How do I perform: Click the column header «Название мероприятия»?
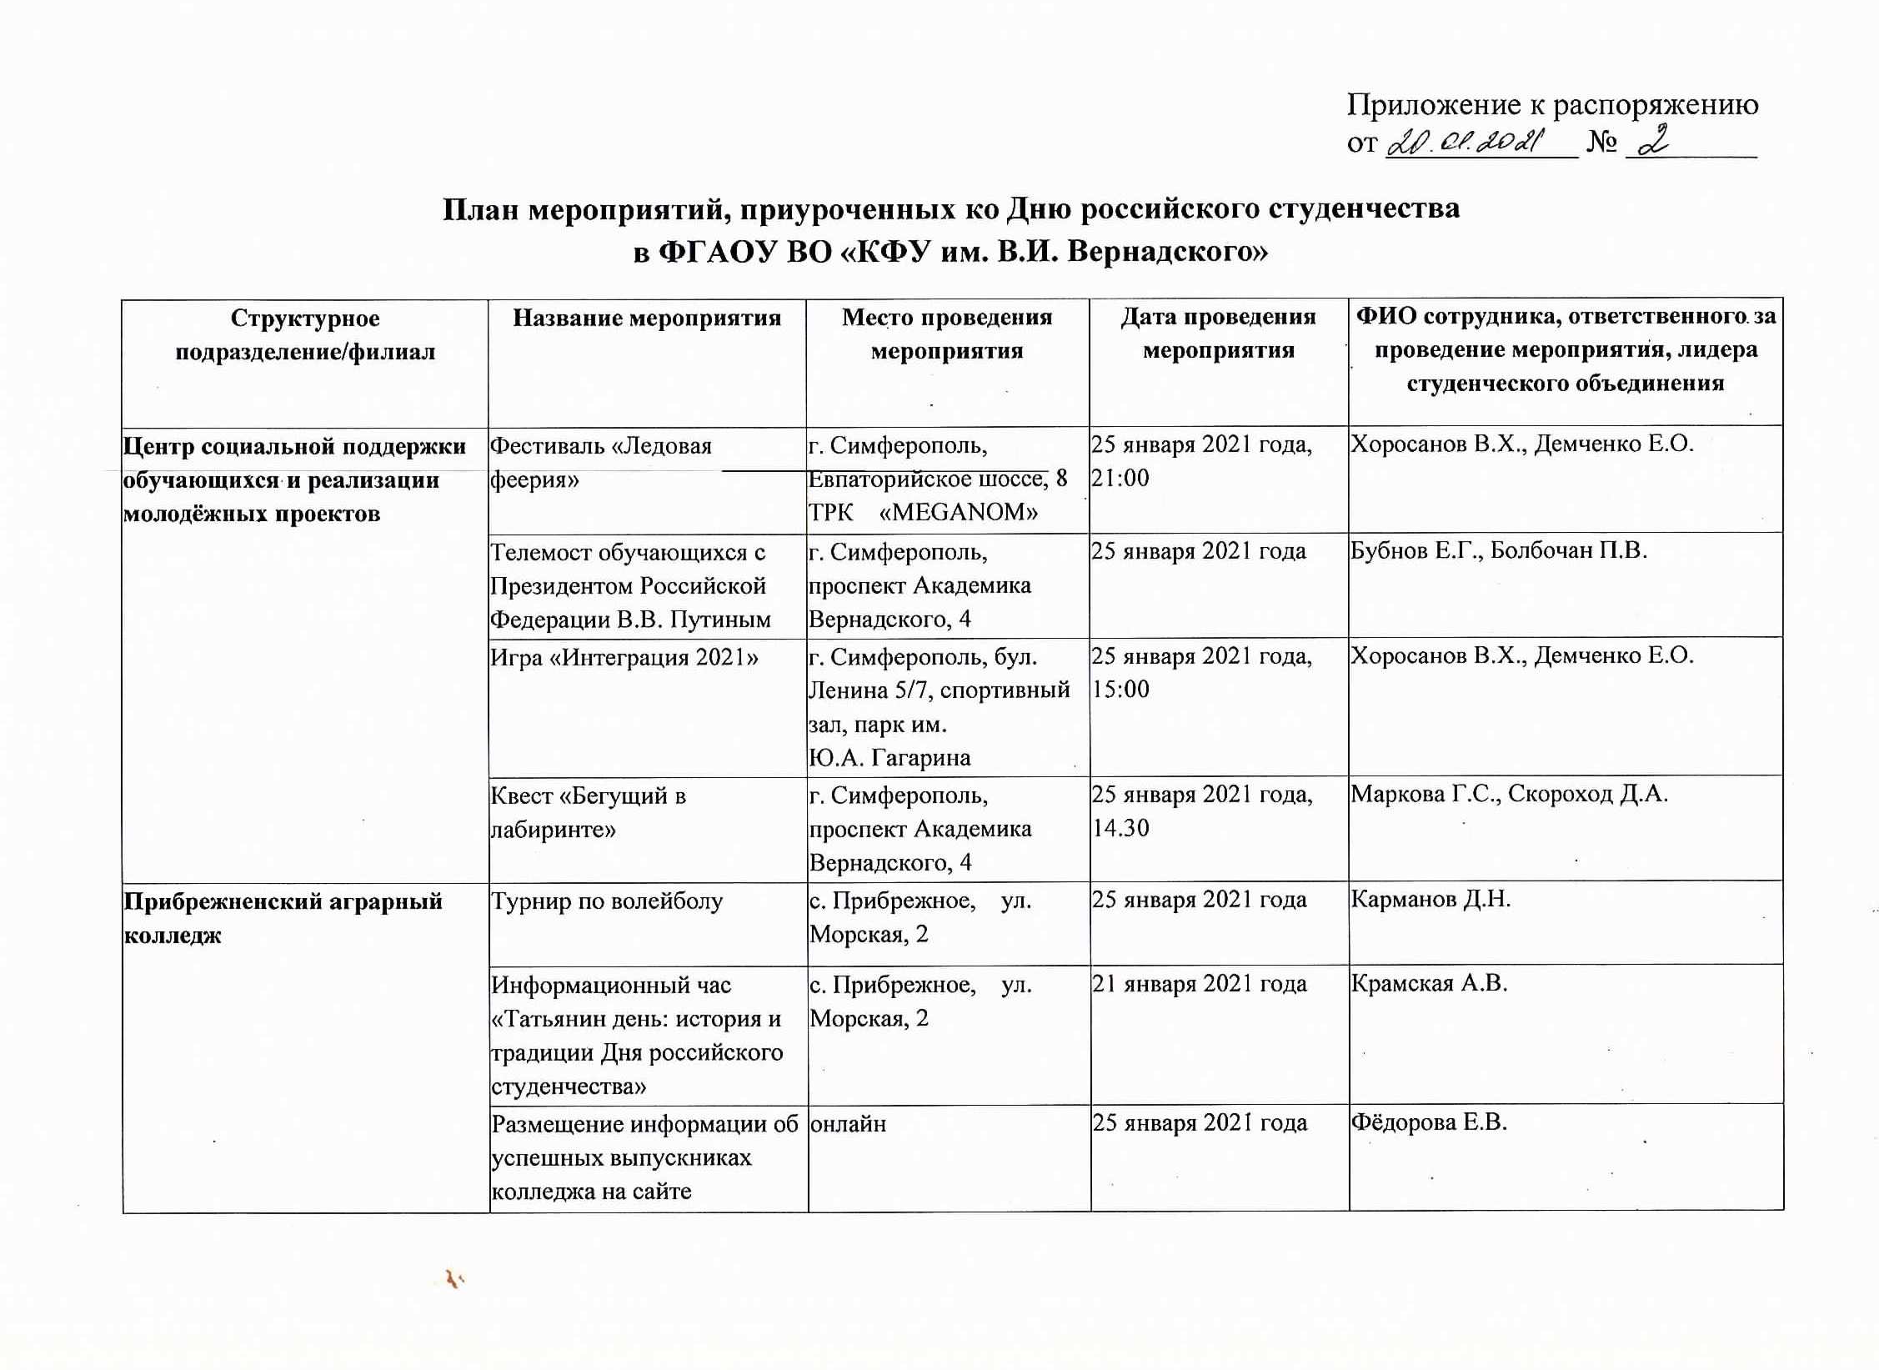tap(646, 319)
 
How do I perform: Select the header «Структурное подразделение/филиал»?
tap(304, 335)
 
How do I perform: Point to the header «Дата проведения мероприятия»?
tap(1218, 334)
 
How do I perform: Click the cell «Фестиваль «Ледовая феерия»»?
tap(600, 463)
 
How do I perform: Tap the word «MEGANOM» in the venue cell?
tap(959, 512)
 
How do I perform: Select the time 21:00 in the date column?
tap(1120, 479)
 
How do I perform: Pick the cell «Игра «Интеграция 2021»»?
tap(624, 658)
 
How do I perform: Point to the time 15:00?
tap(1120, 690)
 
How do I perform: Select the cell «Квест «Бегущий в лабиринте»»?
tap(588, 813)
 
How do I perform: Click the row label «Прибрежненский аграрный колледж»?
tap(283, 918)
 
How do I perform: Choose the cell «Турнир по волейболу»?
tap(606, 902)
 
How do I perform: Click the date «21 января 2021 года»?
tap(1199, 985)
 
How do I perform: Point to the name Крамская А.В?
tap(1429, 985)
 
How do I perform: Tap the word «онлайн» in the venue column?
tap(848, 1125)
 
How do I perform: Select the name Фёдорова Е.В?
tap(1429, 1123)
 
